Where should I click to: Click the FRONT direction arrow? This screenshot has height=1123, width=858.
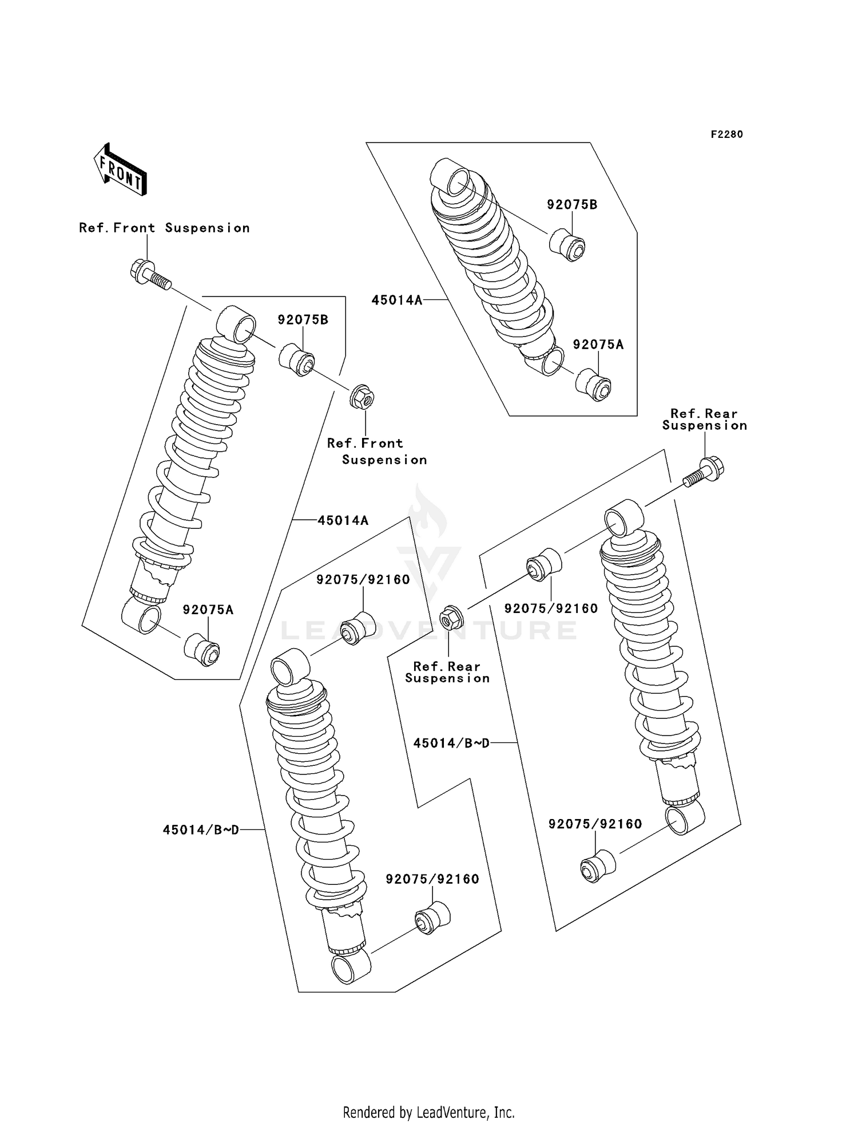(x=121, y=170)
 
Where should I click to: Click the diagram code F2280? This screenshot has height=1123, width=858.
(x=726, y=135)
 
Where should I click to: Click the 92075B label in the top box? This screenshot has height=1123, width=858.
(x=572, y=205)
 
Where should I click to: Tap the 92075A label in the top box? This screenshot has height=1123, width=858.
(x=598, y=345)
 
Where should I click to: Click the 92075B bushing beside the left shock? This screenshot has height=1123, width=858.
(x=296, y=359)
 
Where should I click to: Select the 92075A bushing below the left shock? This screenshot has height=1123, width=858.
(x=202, y=650)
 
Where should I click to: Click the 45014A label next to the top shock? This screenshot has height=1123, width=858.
(x=397, y=300)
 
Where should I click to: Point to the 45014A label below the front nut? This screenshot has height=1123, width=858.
(x=343, y=520)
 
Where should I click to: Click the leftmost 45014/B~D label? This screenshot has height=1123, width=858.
(x=201, y=830)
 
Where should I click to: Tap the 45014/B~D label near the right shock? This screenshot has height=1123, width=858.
(x=451, y=743)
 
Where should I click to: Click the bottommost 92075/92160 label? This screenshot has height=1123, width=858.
(x=432, y=879)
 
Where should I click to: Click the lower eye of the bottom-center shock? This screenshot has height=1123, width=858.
(x=351, y=967)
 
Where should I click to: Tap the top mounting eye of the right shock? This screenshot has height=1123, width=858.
(x=623, y=517)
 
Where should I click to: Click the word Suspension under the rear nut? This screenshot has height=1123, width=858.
(x=447, y=679)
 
